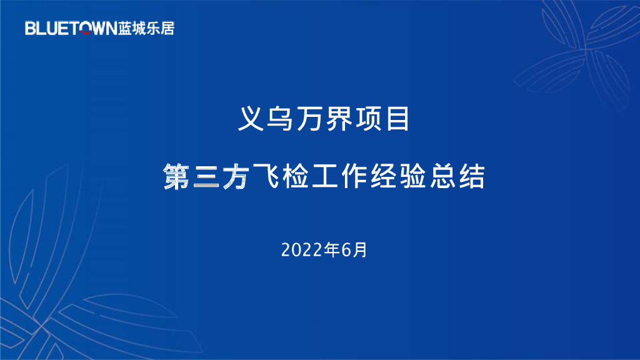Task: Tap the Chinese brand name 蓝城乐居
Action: click(146, 28)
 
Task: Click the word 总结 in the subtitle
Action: click(467, 177)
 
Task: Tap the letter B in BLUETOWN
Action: click(30, 28)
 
